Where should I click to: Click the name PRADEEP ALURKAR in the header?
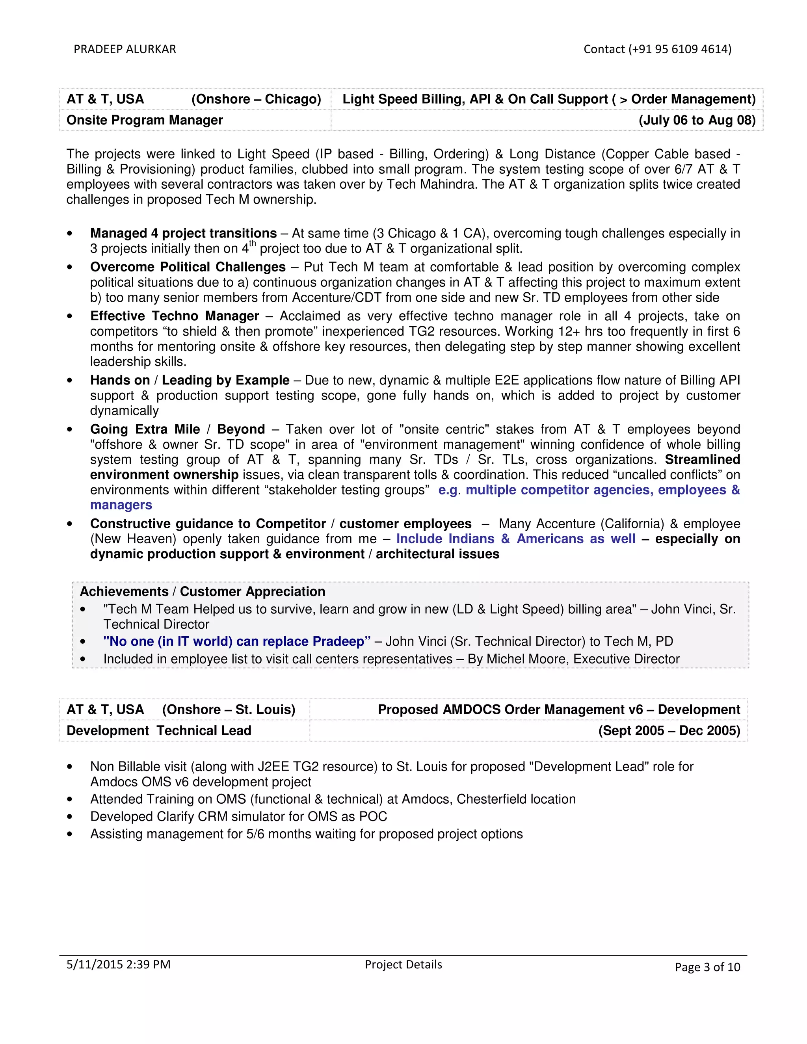125,49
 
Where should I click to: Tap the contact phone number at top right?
657,49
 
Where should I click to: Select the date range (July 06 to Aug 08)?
697,120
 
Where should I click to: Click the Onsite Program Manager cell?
145,120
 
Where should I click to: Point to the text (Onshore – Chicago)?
256,99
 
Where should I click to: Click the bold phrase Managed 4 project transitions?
184,233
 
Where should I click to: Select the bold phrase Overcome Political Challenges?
188,267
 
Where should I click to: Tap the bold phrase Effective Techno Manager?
175,316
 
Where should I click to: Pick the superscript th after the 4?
253,244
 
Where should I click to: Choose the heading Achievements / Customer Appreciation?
202,591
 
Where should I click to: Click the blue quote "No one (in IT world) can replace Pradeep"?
237,641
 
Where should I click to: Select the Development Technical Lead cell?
159,730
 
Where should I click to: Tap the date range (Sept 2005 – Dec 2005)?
669,730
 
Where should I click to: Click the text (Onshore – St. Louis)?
229,710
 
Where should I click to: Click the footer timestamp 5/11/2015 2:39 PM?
119,964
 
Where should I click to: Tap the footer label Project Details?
403,964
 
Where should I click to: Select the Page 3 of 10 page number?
707,967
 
